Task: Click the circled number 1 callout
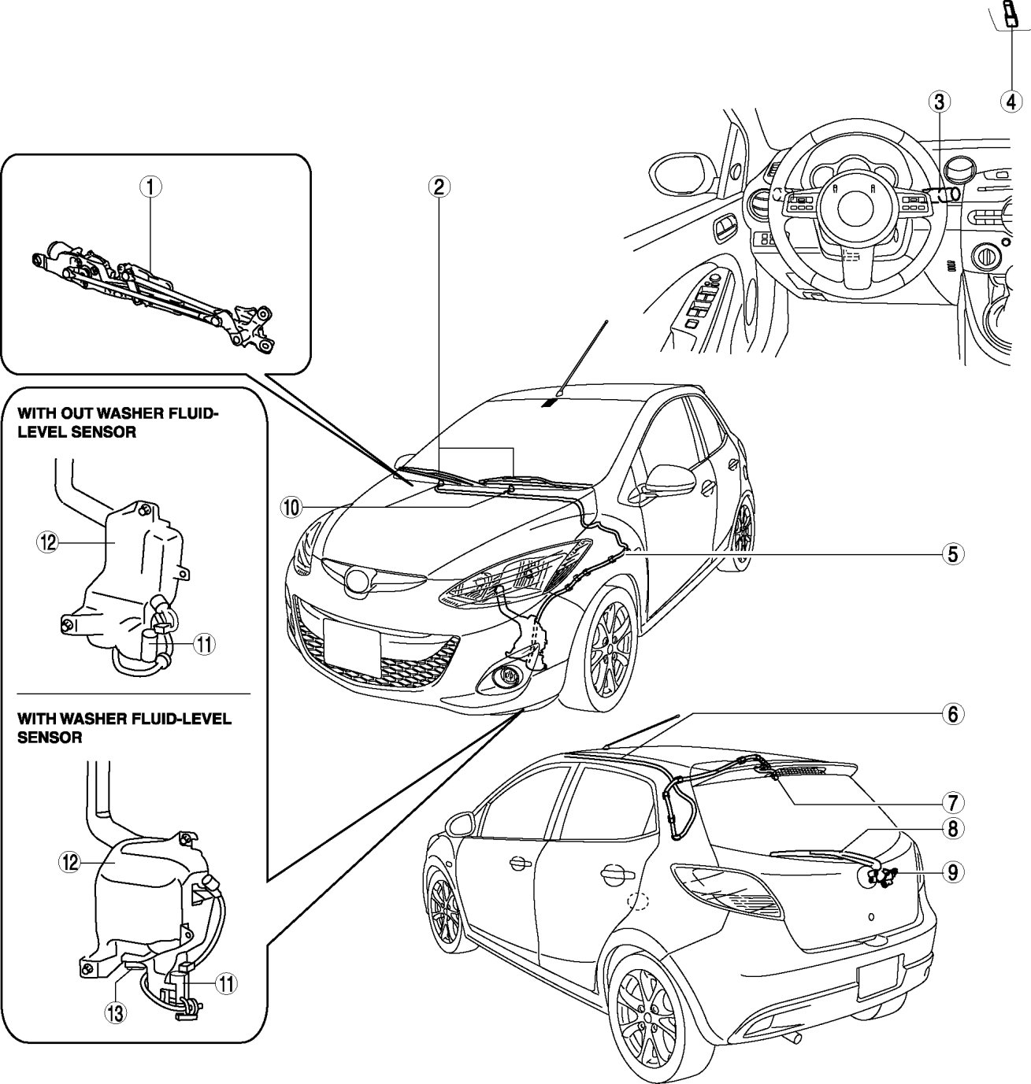click(x=150, y=187)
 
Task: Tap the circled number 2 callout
click(x=439, y=187)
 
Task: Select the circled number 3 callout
click(x=940, y=102)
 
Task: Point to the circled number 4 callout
click(x=1011, y=102)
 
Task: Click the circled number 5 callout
click(x=953, y=554)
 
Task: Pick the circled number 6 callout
click(x=953, y=715)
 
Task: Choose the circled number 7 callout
click(x=953, y=803)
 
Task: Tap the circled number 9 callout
click(x=953, y=872)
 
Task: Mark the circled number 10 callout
click(x=291, y=507)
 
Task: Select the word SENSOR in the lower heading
click(x=50, y=737)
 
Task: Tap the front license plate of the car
click(x=352, y=647)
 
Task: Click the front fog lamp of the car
click(x=503, y=675)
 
